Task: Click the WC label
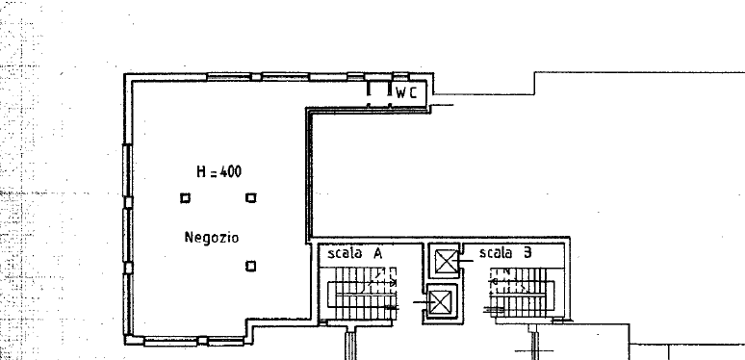click(406, 93)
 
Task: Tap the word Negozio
click(212, 238)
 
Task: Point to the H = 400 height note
click(219, 172)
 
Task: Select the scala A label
click(355, 253)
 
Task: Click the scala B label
click(505, 252)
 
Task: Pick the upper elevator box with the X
click(447, 262)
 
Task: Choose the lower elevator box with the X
click(440, 302)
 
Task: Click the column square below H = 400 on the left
click(186, 198)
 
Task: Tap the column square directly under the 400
click(251, 197)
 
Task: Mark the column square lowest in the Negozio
click(251, 267)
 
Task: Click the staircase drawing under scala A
click(362, 294)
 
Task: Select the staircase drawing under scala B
click(522, 293)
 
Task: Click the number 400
click(231, 172)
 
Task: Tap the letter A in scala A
click(377, 253)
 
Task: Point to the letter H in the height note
click(201, 172)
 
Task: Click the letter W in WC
click(401, 93)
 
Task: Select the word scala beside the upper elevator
click(495, 252)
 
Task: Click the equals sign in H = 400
click(214, 174)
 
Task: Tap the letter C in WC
click(413, 93)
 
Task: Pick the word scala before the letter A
click(345, 253)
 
